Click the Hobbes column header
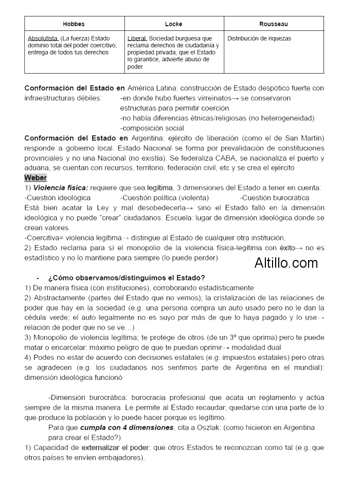tap(74, 24)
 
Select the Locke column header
tap(173, 24)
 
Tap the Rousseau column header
tap(273, 24)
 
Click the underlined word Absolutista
tap(43, 39)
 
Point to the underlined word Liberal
tap(137, 39)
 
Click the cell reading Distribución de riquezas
tap(259, 39)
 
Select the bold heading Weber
tap(35, 178)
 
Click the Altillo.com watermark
tap(286, 264)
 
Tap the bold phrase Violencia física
tap(61, 188)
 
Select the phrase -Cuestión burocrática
tap(275, 198)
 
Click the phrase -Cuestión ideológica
tap(58, 198)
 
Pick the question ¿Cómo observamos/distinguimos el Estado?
tap(127, 277)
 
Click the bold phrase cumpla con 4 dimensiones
tap(127, 428)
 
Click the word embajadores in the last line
tap(122, 458)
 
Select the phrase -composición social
tap(152, 128)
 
